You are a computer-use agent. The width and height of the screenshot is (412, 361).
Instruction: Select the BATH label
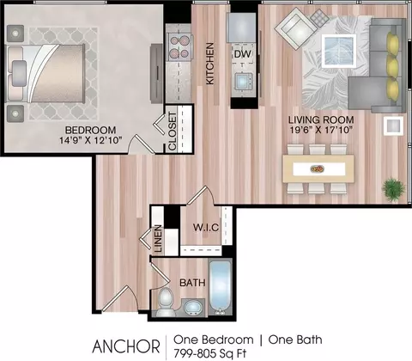191,282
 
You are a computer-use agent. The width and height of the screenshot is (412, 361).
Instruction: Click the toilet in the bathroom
166,301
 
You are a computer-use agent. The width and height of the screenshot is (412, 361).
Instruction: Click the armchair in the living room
294,28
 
